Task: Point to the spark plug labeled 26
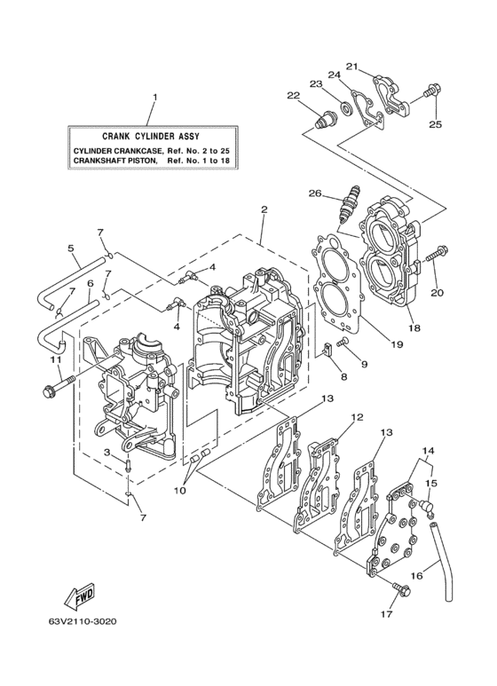click(348, 205)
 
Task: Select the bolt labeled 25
click(433, 90)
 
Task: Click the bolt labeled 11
click(52, 388)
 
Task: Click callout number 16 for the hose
click(415, 575)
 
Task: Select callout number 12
click(357, 416)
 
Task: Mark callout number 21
click(351, 66)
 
